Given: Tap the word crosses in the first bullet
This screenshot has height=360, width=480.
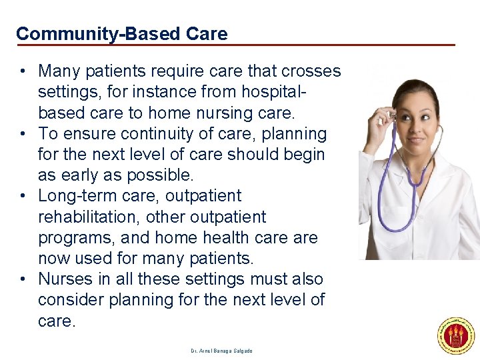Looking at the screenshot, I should coord(312,71).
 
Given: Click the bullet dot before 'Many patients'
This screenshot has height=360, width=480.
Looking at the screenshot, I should coord(23,71).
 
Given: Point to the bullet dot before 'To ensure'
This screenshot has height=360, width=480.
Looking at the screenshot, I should coord(23,133).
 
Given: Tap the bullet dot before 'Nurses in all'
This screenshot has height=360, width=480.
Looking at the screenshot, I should coord(23,279).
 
